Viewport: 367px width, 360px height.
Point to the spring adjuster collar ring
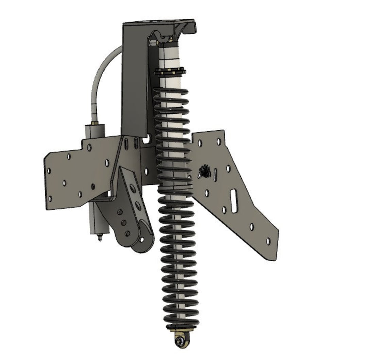tap(170, 72)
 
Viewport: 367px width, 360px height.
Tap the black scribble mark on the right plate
tap(205, 171)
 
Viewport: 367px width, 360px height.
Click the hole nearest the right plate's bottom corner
tap(268, 241)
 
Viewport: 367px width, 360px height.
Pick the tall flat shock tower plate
tap(135, 78)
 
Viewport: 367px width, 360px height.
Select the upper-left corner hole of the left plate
tap(69, 157)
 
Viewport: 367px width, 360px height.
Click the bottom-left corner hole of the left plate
tap(50, 198)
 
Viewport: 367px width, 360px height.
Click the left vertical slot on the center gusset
tap(126, 143)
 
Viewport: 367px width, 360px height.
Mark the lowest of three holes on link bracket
tap(127, 233)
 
